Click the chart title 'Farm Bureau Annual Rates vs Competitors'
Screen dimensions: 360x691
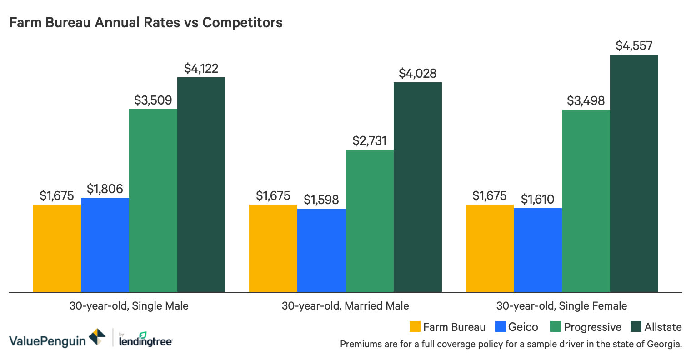tap(146, 23)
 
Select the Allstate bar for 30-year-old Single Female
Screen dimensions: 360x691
tap(634, 173)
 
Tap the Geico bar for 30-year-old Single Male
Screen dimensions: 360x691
tap(105, 245)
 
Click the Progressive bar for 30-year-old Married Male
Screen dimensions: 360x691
tap(369, 220)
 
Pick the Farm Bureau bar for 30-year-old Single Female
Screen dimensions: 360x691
tap(490, 248)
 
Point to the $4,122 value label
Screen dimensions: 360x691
tap(201, 69)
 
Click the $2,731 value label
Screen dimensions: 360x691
tap(369, 141)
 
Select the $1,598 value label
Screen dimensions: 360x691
tap(321, 200)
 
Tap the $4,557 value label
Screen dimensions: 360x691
tap(634, 46)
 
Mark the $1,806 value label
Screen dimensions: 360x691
tap(105, 189)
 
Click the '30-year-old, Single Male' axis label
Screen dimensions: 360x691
tap(129, 306)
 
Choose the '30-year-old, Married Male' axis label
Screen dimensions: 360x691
tap(345, 306)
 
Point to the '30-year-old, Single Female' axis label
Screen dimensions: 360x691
tap(561, 306)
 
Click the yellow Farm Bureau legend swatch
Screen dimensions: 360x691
tap(415, 327)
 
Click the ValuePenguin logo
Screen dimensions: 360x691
tap(57, 339)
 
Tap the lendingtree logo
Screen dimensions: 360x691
tap(145, 340)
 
